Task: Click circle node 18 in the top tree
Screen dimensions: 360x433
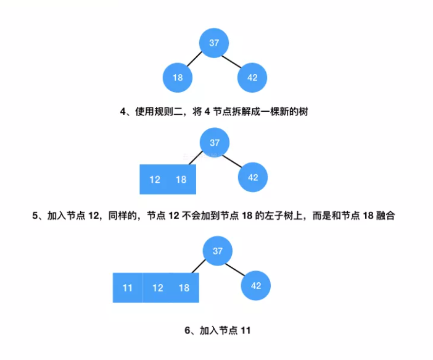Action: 178,78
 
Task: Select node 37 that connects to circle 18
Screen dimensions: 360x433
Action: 214,43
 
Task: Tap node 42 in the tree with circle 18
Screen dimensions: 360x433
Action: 252,78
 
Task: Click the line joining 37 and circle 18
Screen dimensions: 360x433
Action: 195,61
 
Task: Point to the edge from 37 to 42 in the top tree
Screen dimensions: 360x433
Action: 233,61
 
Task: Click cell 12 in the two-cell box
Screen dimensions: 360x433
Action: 155,179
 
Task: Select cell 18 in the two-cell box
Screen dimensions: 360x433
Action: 181,179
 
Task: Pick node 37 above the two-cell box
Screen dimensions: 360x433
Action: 214,143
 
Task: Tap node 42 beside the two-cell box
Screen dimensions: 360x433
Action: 253,177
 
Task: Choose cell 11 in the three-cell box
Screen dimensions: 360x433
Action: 128,288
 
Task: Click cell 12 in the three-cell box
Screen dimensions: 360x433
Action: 157,288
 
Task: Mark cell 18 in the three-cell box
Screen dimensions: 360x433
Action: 184,288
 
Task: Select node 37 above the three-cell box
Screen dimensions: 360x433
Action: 217,251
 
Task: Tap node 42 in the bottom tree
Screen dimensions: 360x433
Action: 256,286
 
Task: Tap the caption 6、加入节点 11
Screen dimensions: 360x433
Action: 217,330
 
